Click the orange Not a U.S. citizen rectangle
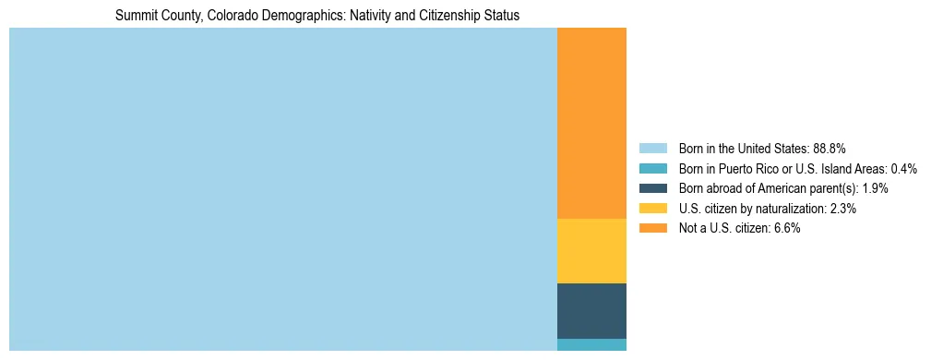click(591, 123)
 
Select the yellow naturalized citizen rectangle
click(591, 250)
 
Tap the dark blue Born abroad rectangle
click(591, 310)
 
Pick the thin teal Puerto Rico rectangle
click(591, 345)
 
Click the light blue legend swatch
click(652, 149)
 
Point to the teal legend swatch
click(652, 169)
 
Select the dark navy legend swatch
click(652, 188)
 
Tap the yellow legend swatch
click(652, 209)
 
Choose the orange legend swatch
click(652, 229)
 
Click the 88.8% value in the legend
click(830, 149)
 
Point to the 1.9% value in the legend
click(876, 188)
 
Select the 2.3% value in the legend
click(843, 209)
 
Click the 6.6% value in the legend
click(787, 229)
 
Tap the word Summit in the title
click(134, 16)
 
